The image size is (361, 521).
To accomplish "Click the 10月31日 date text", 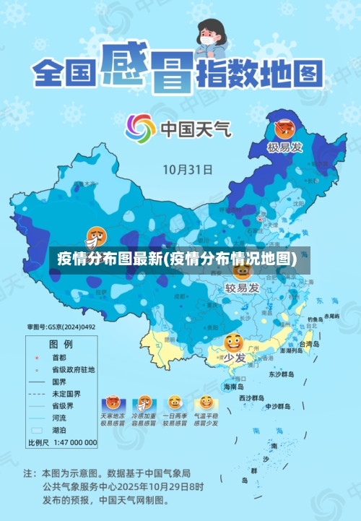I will tap(187, 170).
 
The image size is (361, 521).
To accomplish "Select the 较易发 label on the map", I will tap(242, 288).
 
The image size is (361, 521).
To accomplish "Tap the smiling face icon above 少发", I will tap(232, 343).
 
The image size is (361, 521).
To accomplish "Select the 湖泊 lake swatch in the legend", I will tap(35, 429).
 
